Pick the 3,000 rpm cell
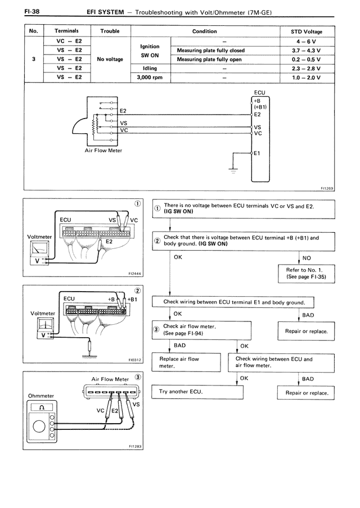click(x=149, y=78)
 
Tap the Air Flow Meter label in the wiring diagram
click(x=103, y=151)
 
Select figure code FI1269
click(x=326, y=189)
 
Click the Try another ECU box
click(x=191, y=391)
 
